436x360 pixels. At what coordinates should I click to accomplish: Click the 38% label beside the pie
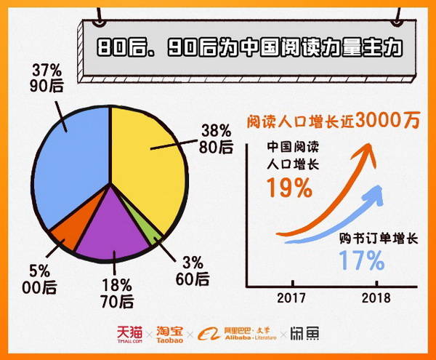[217, 132]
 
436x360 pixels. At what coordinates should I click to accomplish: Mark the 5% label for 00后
[40, 271]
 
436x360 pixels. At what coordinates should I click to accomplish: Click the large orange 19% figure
[288, 188]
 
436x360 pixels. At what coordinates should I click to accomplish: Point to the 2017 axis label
[291, 298]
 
